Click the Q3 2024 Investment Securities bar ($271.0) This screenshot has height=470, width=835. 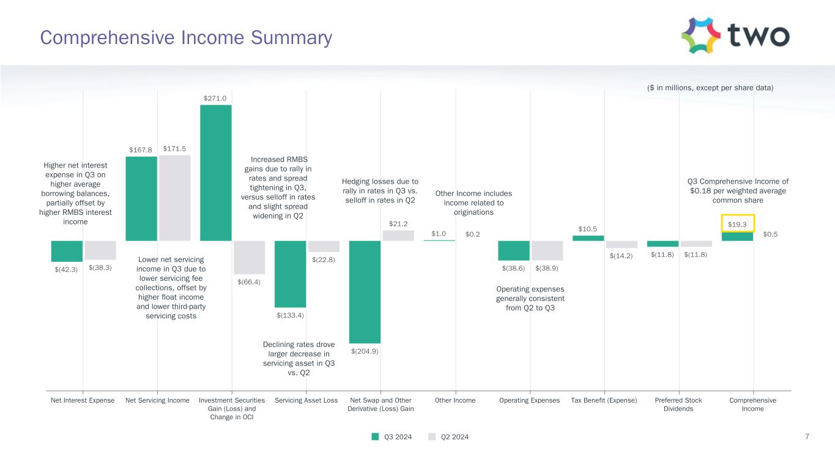216,173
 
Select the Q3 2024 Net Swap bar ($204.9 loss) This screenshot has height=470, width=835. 365,291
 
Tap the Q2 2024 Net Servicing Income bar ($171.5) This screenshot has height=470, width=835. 175,198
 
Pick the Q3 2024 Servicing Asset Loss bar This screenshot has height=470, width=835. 291,274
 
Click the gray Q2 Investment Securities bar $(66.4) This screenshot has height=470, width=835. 250,257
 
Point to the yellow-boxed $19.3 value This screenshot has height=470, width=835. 738,224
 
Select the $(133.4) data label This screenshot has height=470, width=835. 290,315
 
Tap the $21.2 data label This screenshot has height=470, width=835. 398,223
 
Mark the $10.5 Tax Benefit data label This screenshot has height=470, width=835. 588,229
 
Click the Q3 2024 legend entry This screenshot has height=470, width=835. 392,437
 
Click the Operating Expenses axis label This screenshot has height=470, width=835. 530,400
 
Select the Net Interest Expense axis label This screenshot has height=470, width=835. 83,400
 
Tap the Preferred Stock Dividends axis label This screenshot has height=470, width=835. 678,405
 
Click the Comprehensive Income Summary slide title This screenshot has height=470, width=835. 186,38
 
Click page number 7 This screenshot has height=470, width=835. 807,436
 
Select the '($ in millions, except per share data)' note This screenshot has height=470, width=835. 710,88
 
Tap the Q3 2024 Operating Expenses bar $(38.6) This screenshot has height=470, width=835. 514,250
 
